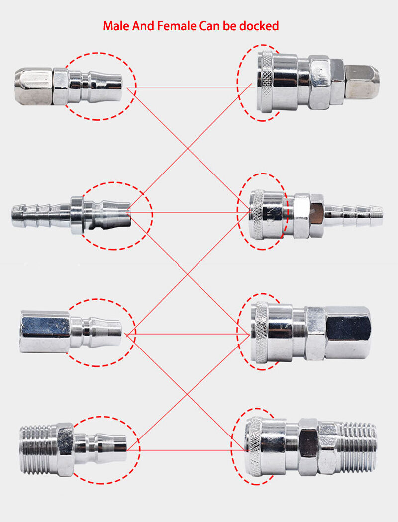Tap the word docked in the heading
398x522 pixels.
[259, 26]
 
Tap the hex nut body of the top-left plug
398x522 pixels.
[33, 87]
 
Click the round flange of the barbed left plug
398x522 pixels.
[76, 215]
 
